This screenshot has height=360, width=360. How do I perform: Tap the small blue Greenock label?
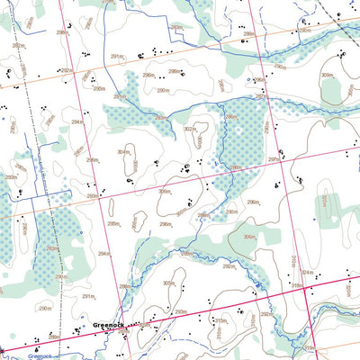tap(41, 355)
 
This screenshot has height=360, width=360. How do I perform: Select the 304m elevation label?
tap(123, 152)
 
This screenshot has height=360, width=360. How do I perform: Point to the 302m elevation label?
tap(189, 130)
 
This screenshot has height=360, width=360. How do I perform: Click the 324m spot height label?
tap(308, 273)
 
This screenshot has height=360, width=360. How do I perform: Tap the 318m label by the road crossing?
tap(295, 286)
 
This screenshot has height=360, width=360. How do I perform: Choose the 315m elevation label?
tap(219, 319)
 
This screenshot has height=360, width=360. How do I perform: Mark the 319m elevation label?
tap(310, 347)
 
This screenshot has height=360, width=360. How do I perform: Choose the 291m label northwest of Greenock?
tap(88, 295)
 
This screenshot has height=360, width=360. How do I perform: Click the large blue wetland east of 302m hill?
tap(241, 135)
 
